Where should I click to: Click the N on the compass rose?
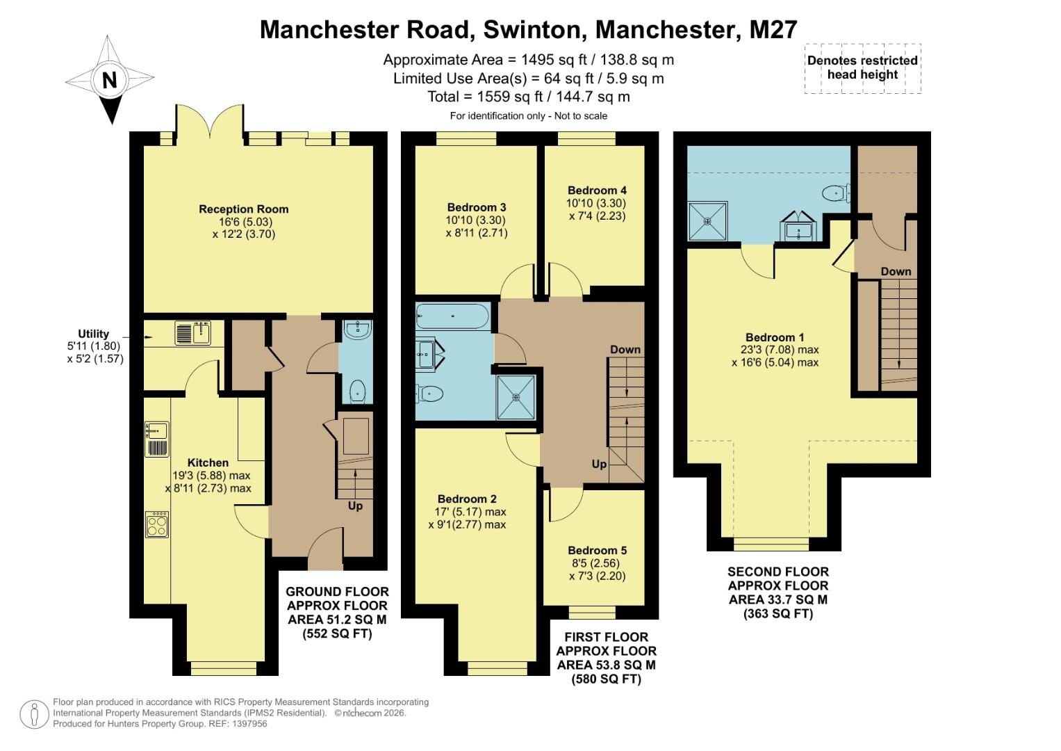coord(109,81)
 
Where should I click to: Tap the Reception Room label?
coord(243,209)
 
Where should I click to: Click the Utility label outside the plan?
coord(93,334)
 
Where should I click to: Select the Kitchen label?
coord(208,462)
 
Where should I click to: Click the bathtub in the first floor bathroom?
coord(452,316)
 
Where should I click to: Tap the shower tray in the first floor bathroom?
coord(516,398)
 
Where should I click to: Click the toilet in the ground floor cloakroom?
coord(357,391)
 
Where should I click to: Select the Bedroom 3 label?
coord(476,207)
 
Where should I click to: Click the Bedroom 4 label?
coord(597,190)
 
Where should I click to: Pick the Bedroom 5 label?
coord(597,550)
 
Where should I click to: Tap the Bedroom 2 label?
coord(467,499)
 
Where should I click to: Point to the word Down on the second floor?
coord(896,271)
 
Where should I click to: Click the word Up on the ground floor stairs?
coord(355,506)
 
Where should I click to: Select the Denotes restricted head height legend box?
coord(862,67)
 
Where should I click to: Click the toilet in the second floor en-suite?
coord(836,193)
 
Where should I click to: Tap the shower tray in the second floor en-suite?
coord(707,222)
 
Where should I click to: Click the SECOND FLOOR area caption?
coord(778,592)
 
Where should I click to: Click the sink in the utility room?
coord(193,333)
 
